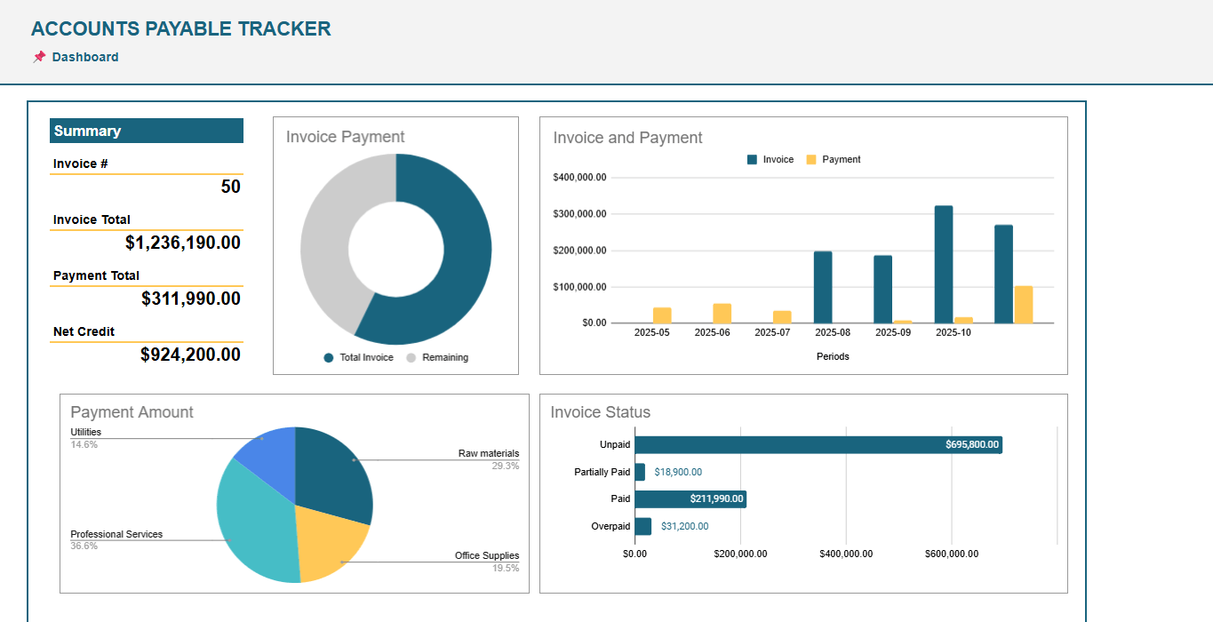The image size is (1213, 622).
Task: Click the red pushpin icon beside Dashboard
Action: point(39,57)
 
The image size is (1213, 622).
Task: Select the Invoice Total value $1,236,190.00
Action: point(182,243)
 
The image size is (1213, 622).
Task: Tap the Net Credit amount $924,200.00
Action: point(190,355)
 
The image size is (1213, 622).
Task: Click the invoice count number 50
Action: point(230,187)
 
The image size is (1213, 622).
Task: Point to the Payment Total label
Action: point(96,275)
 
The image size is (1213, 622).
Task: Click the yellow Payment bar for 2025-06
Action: point(722,313)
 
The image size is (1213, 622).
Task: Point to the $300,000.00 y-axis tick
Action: point(579,214)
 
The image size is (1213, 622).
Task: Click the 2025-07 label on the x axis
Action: point(772,332)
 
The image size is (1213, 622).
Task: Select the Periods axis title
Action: point(833,356)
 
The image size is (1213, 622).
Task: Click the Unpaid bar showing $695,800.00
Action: point(818,444)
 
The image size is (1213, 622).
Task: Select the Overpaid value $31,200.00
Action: point(684,526)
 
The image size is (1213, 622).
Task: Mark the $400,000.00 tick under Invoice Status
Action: point(846,554)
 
